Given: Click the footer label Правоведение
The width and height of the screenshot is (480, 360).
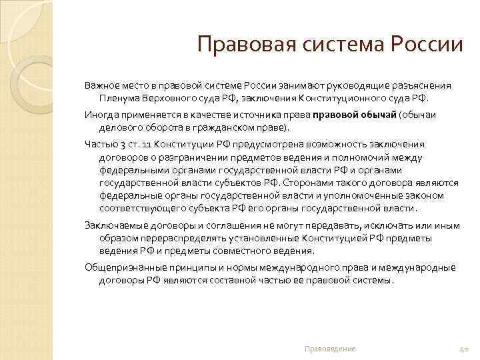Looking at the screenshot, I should [x=329, y=349].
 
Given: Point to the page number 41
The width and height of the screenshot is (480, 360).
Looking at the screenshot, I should [x=465, y=349].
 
